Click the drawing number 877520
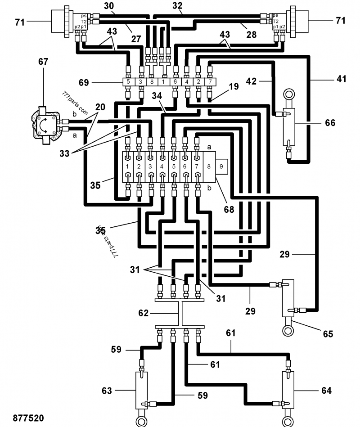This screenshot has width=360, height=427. coord(29,418)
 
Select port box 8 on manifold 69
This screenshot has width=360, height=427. coord(151,82)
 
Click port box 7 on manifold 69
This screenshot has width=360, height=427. coord(210,82)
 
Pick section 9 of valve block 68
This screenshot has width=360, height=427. coord(221,166)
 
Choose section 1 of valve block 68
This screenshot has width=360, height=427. coord(128,166)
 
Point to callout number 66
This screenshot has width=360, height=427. coord(330,122)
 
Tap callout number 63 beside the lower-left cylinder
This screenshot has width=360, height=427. coord(106,391)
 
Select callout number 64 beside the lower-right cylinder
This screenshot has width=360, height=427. coord(326,391)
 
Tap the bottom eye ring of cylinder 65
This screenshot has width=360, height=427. coord(287,331)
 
